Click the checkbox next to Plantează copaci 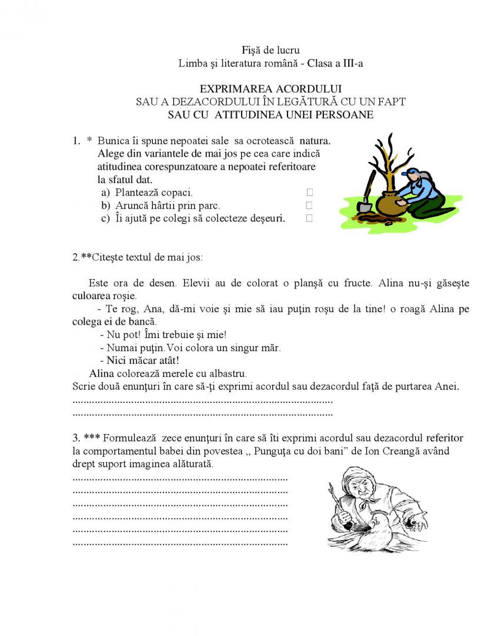pos(309,192)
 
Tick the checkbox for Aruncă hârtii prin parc pos(309,206)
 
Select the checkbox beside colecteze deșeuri pos(309,218)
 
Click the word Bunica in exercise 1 pos(112,141)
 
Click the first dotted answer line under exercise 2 pos(202,401)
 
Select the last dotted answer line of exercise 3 pos(180,543)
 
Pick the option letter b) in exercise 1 pos(106,206)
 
